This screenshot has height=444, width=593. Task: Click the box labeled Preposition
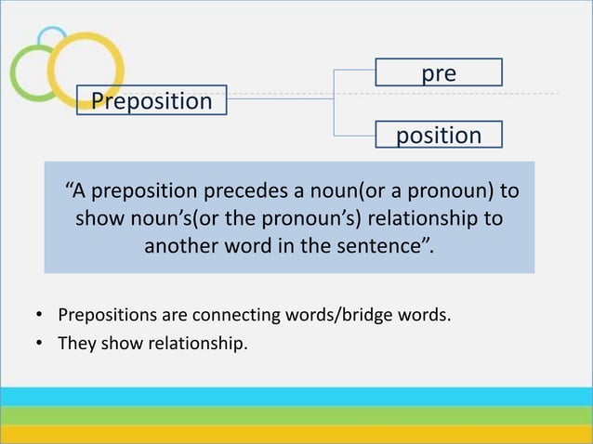click(152, 100)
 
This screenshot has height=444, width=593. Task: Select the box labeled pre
click(439, 72)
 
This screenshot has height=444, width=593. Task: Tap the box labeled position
click(439, 135)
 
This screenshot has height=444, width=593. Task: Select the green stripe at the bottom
click(296, 415)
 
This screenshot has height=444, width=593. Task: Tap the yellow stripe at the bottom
click(296, 434)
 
